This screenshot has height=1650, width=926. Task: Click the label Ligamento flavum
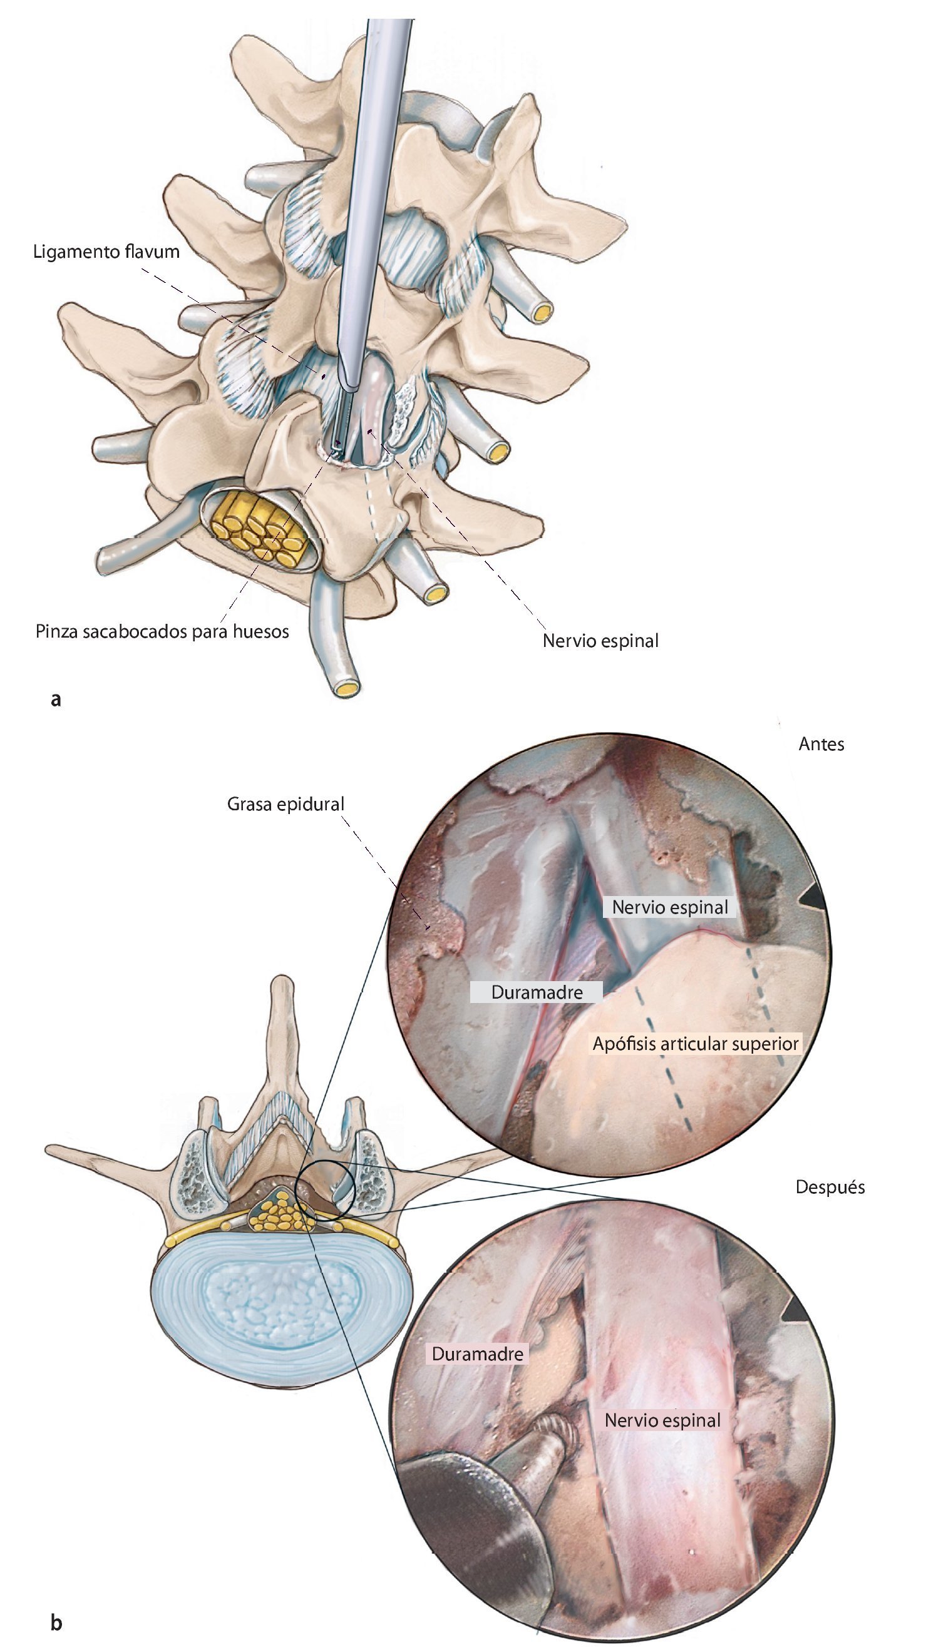[106, 252]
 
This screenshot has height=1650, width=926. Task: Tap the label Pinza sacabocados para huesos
[162, 631]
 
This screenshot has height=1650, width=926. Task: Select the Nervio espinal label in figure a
[600, 641]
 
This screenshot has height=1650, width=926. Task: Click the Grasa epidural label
[286, 804]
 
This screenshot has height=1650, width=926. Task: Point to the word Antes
[821, 745]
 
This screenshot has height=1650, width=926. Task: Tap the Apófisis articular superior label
[696, 1044]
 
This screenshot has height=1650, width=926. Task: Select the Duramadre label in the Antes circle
[537, 992]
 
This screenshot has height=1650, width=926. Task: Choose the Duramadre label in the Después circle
[478, 1353]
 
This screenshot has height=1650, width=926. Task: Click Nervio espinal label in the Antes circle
[670, 907]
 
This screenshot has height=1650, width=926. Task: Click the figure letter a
[56, 699]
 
